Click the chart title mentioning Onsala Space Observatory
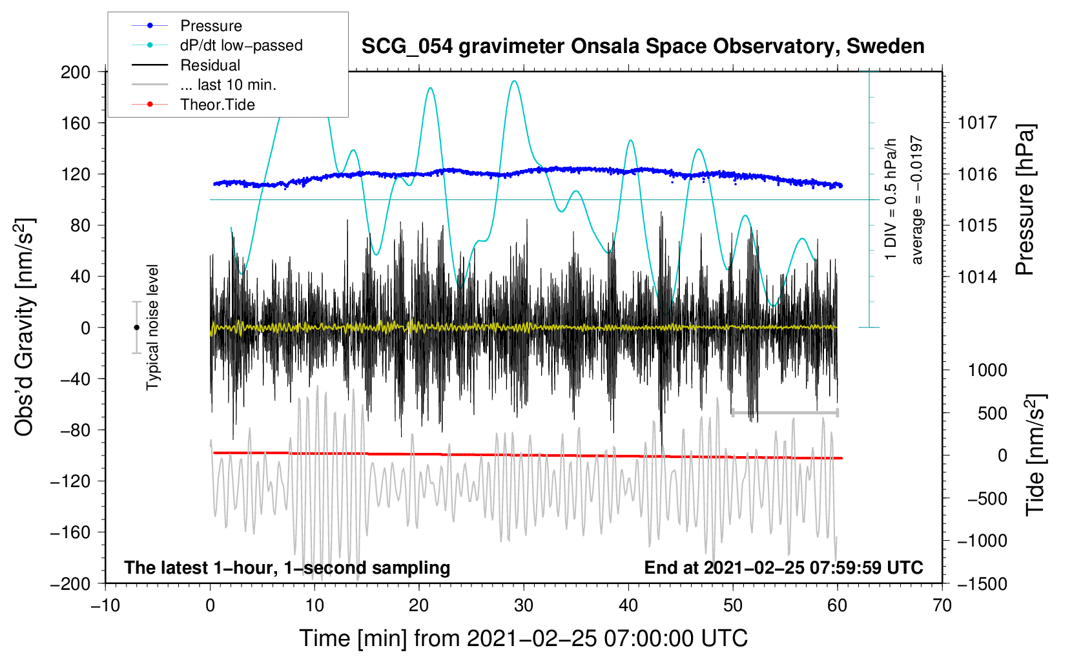point(643,47)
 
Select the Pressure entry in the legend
point(211,26)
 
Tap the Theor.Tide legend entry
point(217,105)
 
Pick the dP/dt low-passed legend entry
point(241,45)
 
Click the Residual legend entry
point(210,65)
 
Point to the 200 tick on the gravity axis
point(76,72)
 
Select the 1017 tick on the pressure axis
point(977,123)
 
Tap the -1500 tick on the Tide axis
point(982,583)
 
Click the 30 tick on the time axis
point(524,605)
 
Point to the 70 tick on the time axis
point(942,605)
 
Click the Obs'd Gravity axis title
point(25,328)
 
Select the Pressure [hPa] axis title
point(1026,200)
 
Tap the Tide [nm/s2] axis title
point(1035,455)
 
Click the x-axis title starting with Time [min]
point(523,638)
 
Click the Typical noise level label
point(152,328)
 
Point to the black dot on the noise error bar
point(136,328)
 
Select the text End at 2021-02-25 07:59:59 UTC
point(783,567)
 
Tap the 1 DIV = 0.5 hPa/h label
point(891,199)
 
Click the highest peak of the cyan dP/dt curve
point(514,81)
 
